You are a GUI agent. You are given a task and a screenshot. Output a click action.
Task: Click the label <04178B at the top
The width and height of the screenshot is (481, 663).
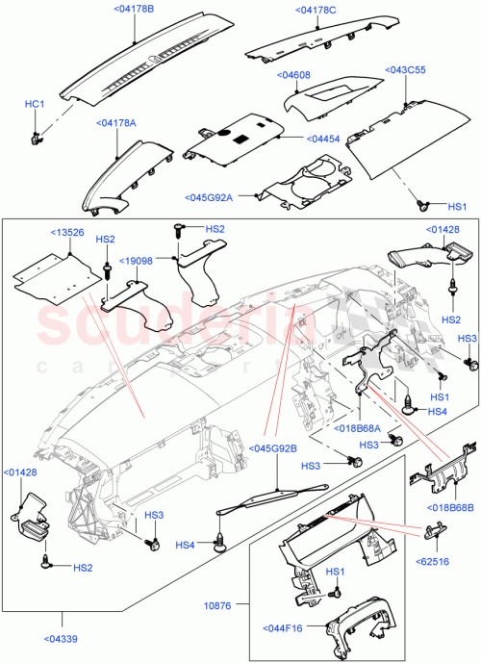tap(135, 10)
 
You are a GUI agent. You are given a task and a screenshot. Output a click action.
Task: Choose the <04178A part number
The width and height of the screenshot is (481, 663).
tap(116, 123)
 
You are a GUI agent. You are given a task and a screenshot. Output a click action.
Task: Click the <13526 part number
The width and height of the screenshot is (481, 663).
tap(67, 232)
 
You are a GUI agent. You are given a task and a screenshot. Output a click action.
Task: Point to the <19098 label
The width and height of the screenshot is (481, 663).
tap(137, 260)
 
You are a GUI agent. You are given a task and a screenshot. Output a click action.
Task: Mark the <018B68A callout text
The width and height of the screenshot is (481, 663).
tap(359, 428)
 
